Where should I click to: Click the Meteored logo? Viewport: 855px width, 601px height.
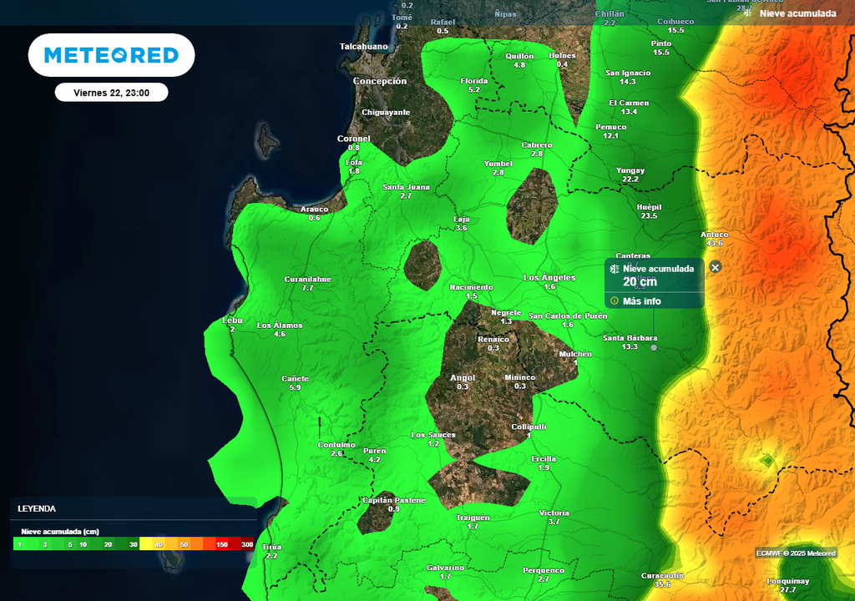click(111, 55)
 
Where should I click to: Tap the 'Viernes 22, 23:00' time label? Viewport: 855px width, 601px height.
click(111, 93)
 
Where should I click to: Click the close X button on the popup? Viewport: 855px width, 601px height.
click(716, 267)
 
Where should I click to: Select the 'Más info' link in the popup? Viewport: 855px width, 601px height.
click(641, 301)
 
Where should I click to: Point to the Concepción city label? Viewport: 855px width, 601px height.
click(380, 82)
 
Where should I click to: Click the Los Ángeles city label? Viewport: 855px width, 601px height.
click(549, 277)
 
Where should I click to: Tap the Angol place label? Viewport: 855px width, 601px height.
click(463, 377)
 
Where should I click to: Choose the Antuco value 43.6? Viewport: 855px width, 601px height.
click(715, 243)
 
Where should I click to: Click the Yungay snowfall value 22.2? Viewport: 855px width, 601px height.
click(630, 179)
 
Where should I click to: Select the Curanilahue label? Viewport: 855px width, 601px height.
click(307, 279)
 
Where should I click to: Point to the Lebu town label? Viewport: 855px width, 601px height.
click(232, 321)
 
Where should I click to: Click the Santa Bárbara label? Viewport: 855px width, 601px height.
click(631, 338)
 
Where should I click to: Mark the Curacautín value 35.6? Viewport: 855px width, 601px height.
click(662, 584)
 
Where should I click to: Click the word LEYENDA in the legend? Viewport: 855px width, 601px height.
click(37, 508)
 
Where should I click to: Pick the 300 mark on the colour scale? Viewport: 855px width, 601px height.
click(247, 544)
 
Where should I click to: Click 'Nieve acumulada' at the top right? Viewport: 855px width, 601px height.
click(797, 13)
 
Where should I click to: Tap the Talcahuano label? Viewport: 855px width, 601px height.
click(364, 47)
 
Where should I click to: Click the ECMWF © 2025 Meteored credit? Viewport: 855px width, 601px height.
click(796, 553)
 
